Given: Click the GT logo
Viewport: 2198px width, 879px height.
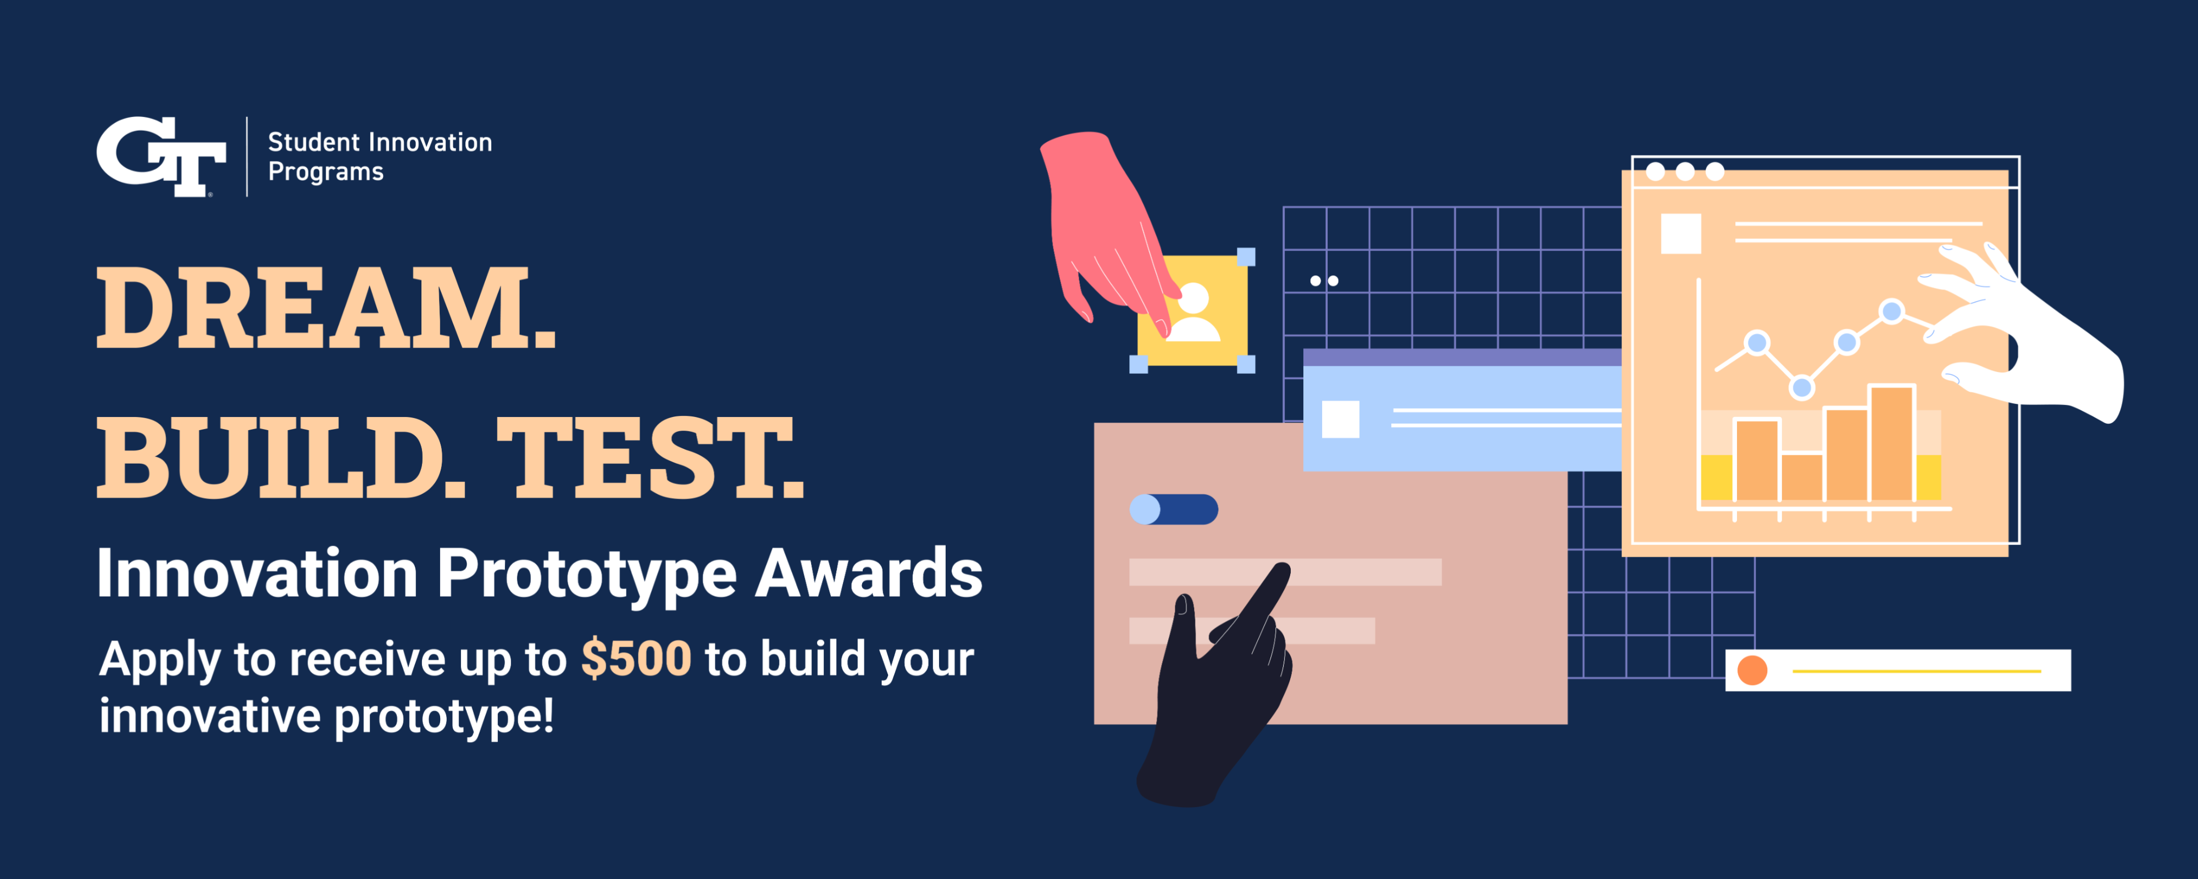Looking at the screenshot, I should (x=160, y=155).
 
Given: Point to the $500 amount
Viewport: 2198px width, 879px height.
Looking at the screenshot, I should (x=636, y=659).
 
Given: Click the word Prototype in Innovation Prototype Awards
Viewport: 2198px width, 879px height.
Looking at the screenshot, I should (x=586, y=574).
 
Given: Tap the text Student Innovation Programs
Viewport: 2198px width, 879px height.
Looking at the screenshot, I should (x=380, y=156).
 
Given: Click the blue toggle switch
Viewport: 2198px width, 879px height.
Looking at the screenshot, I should (x=1173, y=509).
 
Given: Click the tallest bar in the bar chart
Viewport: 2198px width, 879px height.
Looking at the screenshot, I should (x=1891, y=444).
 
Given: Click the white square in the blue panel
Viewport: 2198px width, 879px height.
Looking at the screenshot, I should (x=1340, y=419).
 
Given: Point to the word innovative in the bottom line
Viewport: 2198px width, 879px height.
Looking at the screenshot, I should (x=209, y=715).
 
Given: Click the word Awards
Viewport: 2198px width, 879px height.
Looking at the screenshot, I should (x=869, y=574).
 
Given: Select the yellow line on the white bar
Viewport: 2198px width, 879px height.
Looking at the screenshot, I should (x=1916, y=671).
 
